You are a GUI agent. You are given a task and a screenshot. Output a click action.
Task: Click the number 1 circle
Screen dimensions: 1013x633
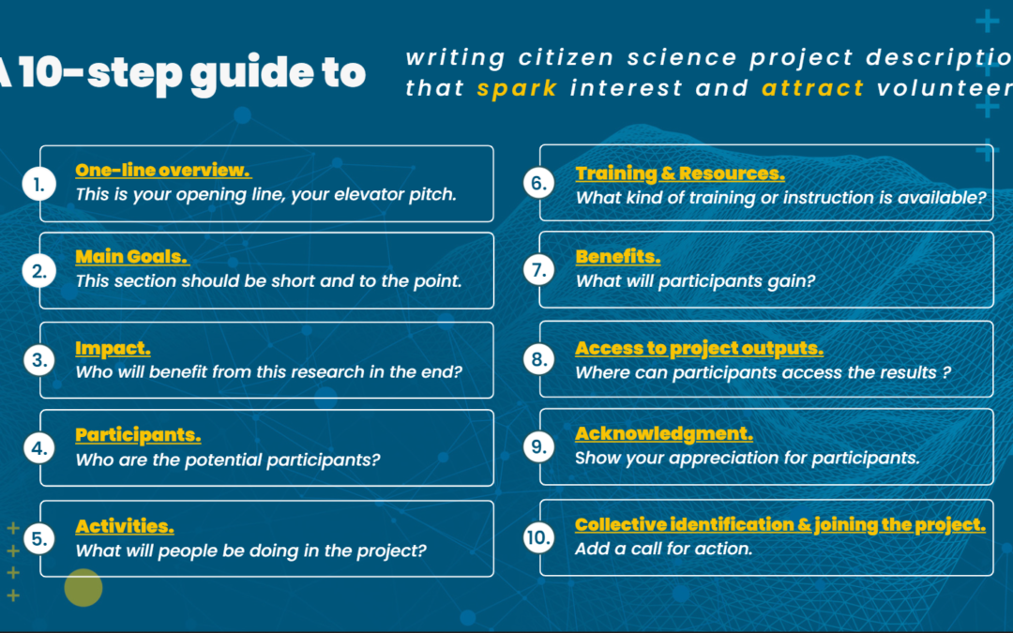38,184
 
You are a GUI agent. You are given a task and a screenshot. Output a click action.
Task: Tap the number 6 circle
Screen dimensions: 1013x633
538,183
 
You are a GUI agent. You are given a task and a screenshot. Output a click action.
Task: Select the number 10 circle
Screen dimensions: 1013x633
538,537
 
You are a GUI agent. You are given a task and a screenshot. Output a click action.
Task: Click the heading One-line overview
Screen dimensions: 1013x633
163,170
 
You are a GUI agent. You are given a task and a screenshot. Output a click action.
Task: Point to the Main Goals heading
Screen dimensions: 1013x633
132,257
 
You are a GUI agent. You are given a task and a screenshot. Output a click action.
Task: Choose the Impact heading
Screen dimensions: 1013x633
113,348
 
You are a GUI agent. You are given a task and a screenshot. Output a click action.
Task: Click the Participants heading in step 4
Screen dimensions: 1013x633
138,435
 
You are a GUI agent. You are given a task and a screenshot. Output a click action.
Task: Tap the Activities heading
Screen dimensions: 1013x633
125,526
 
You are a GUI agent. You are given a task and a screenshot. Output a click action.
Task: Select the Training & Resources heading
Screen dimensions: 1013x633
680,173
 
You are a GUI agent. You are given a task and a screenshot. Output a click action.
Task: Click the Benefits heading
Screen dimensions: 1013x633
617,257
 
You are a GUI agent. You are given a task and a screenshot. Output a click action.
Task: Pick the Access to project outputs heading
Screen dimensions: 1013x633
699,348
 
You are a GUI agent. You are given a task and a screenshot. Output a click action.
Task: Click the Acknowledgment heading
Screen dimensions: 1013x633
664,433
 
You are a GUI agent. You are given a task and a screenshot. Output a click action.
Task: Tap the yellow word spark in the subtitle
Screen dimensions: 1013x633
517,88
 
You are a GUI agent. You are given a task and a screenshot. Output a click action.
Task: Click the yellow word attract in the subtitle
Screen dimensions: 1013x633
812,88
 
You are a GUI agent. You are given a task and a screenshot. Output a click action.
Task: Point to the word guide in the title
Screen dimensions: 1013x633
252,74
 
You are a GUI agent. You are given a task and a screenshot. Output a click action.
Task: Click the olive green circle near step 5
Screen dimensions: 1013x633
83,587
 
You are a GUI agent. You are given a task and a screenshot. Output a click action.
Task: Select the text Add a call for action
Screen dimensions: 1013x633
663,549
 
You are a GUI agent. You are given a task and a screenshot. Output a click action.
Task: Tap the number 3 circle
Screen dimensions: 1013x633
38,360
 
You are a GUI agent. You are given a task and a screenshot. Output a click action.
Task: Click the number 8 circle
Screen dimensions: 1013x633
538,359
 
